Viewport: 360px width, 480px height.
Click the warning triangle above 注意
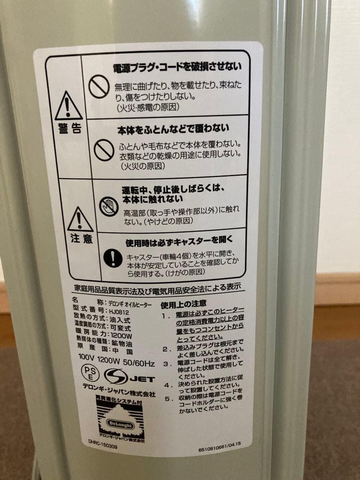coord(80,219)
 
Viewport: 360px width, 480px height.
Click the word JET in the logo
coord(142,379)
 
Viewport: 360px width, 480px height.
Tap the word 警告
coord(70,129)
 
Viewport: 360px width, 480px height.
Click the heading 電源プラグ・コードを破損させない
coord(177,68)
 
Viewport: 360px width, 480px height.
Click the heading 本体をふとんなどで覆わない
coord(173,130)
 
